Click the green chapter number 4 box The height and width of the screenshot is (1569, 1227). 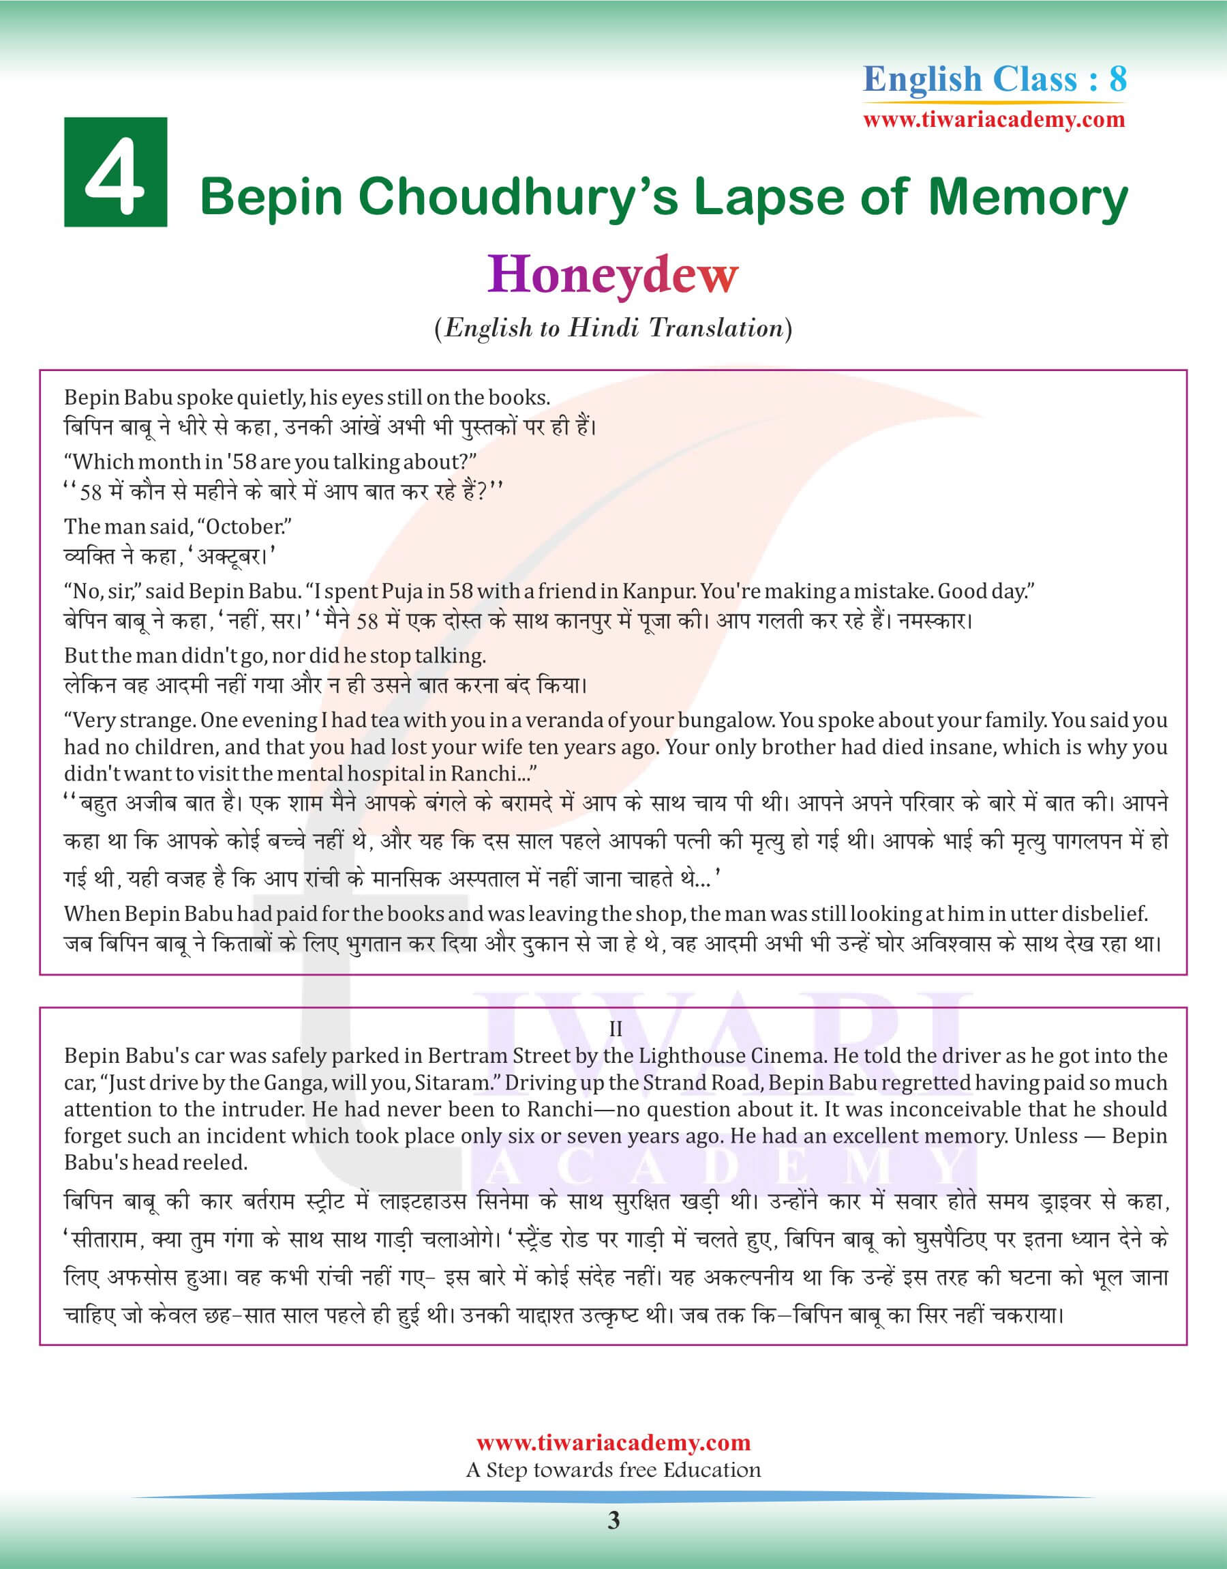click(x=116, y=173)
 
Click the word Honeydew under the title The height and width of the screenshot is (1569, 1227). click(x=613, y=274)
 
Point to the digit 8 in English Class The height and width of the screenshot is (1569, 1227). click(x=1118, y=79)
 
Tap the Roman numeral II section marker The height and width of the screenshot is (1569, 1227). click(x=615, y=1029)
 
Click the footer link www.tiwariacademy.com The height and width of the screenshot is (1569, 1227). click(x=613, y=1443)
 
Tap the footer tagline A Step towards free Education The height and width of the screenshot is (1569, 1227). click(x=613, y=1470)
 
